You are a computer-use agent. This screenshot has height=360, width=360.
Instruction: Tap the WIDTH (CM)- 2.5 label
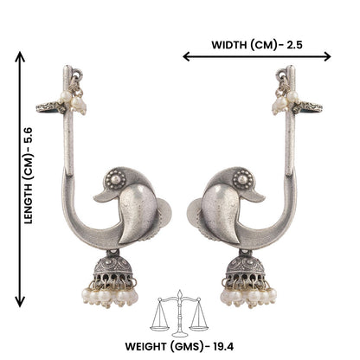coord(257,42)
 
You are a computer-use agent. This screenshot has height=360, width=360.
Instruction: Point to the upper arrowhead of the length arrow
coord(18,54)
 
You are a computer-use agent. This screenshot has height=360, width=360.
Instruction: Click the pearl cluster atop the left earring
coord(79,103)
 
